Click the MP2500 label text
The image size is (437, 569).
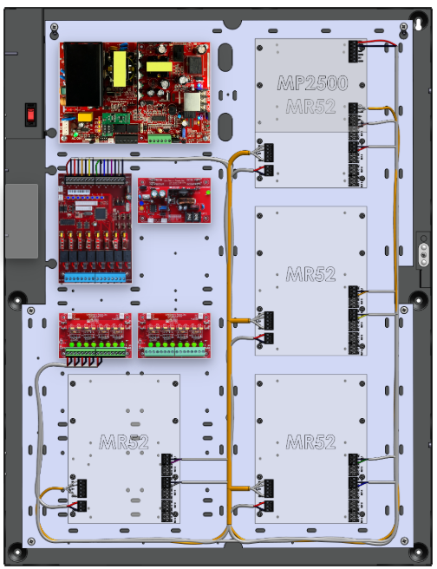point(312,83)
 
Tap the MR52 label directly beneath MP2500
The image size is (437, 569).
point(310,107)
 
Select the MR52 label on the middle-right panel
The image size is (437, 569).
point(310,274)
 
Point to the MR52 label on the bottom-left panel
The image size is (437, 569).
point(124,442)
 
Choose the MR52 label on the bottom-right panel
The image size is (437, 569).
point(310,442)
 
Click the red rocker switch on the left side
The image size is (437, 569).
point(30,114)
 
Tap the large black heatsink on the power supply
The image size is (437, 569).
point(82,74)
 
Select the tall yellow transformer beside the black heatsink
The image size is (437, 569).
point(120,69)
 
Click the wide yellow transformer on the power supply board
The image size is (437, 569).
point(160,67)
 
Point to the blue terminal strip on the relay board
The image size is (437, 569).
point(95,278)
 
